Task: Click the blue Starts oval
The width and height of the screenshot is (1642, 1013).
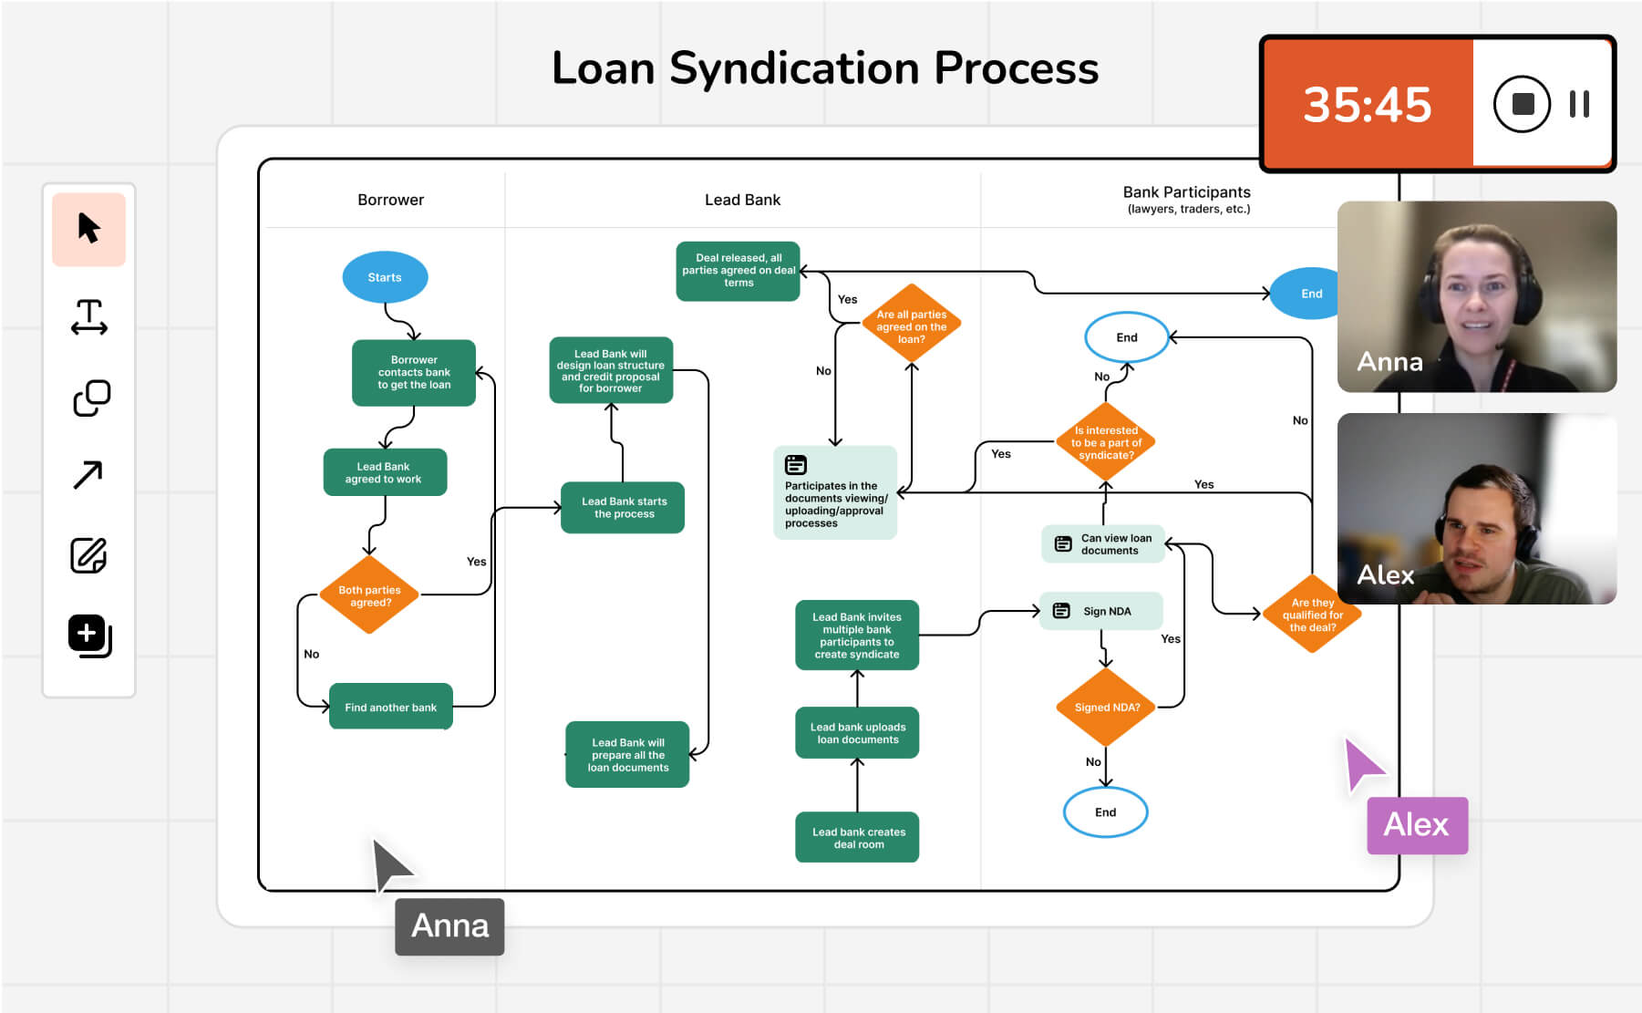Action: (x=385, y=277)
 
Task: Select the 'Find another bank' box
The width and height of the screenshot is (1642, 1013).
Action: (x=390, y=707)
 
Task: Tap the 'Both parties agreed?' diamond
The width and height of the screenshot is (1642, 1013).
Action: (x=369, y=595)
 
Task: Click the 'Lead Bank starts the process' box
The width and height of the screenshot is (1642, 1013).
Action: (x=624, y=508)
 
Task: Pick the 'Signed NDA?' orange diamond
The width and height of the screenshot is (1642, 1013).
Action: (x=1106, y=707)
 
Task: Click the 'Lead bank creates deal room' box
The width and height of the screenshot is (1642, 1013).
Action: (x=857, y=837)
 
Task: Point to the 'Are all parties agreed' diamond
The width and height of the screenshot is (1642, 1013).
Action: (x=911, y=326)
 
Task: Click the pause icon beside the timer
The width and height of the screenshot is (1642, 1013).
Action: (x=1579, y=104)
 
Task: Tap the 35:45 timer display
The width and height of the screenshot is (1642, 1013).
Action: (x=1366, y=104)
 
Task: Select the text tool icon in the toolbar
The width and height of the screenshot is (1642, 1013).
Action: (x=88, y=317)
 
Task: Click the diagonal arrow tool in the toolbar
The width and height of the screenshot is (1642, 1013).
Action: (x=88, y=474)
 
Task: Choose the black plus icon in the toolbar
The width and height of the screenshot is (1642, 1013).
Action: (x=88, y=635)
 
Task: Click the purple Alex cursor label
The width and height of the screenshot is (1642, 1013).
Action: (x=1416, y=825)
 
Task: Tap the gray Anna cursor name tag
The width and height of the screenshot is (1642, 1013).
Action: (x=449, y=926)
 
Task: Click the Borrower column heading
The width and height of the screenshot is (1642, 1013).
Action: (x=390, y=200)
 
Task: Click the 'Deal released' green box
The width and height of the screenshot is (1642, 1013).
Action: (x=738, y=271)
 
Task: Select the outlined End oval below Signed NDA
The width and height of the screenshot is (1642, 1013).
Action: (x=1105, y=811)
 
